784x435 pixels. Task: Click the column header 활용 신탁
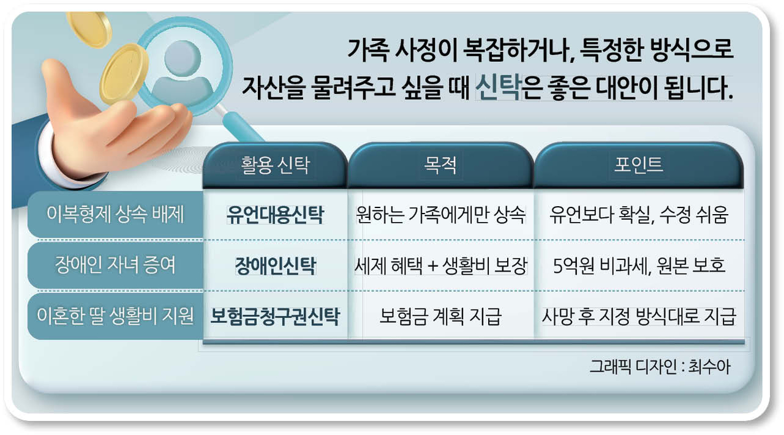click(275, 165)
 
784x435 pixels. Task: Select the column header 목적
click(440, 165)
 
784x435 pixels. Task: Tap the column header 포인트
click(638, 165)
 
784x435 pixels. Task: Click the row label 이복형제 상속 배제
click(115, 214)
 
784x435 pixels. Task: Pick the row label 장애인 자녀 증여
click(115, 265)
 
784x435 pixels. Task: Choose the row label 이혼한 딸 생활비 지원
click(115, 316)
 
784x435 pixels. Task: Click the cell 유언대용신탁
click(275, 214)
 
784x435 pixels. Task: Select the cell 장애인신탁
click(276, 266)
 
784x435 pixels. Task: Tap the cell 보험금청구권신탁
click(275, 316)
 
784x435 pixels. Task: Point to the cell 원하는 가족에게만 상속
click(440, 214)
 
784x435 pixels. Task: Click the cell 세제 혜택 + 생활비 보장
click(440, 266)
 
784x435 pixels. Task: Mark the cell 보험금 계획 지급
click(440, 316)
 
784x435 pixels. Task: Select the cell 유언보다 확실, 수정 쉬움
click(639, 214)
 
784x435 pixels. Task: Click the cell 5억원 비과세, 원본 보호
click(639, 266)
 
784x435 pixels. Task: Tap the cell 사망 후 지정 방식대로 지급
click(639, 316)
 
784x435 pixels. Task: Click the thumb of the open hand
click(58, 87)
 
